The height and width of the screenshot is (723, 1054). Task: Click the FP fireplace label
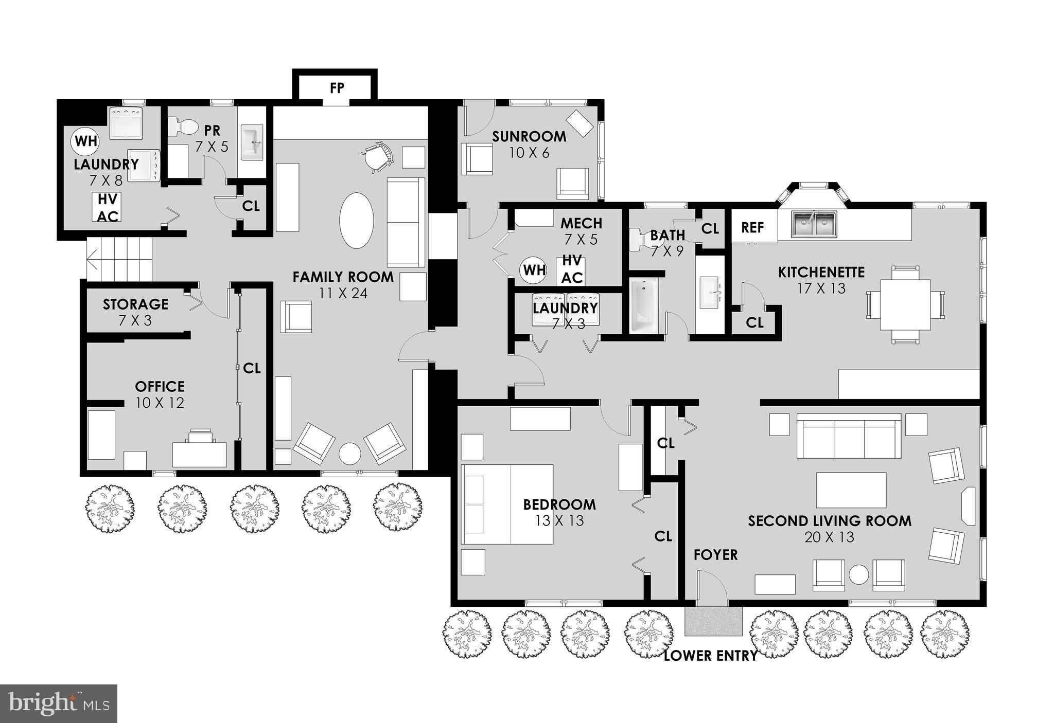(x=337, y=88)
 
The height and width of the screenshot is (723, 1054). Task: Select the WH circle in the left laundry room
(x=85, y=140)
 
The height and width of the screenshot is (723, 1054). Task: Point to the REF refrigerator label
(x=752, y=228)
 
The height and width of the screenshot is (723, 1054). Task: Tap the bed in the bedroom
(x=507, y=504)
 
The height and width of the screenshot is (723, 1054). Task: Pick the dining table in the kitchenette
(x=905, y=304)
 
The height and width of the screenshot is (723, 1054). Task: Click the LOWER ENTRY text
(x=710, y=656)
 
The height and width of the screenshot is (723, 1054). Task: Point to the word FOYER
(x=715, y=555)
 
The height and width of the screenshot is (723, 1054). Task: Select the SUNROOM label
(x=529, y=137)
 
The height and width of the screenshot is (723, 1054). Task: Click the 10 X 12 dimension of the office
(x=160, y=403)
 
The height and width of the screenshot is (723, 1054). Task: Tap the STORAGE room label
(x=135, y=304)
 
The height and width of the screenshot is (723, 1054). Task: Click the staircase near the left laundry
(x=120, y=259)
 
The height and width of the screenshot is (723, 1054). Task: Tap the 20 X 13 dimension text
(x=829, y=537)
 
